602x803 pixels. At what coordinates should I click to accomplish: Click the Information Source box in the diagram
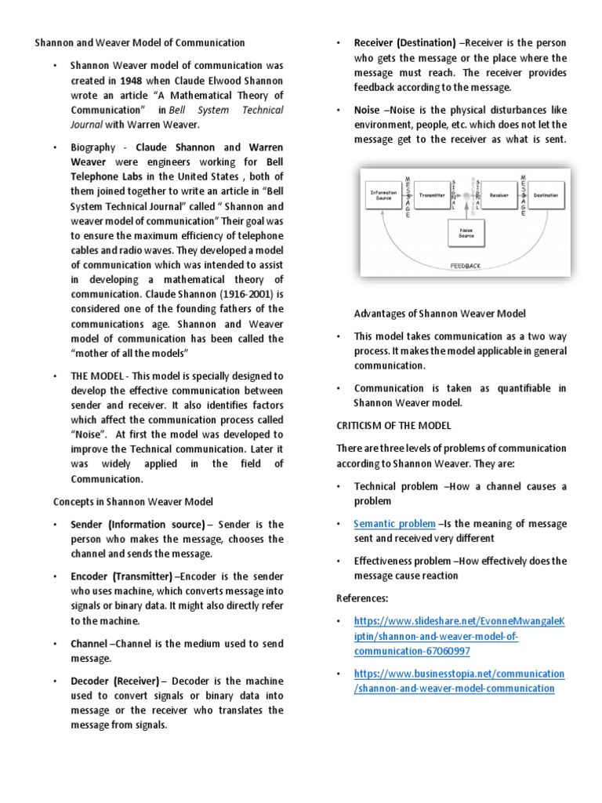pos(386,193)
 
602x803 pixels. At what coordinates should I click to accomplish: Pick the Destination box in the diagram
pos(546,194)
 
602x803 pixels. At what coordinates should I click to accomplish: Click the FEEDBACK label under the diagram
pos(466,266)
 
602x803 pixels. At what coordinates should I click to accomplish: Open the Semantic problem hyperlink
pos(394,524)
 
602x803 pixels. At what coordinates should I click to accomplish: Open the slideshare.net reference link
pos(459,636)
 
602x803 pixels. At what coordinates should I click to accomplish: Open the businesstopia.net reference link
pos(459,681)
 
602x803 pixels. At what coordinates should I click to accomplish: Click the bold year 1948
pos(132,81)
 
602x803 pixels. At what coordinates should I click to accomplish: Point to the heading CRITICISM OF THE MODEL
pos(395,425)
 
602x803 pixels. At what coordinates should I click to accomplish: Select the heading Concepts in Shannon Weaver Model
pos(133,501)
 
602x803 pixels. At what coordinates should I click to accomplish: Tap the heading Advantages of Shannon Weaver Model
pos(439,314)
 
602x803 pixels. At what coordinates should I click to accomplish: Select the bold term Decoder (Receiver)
pos(114,681)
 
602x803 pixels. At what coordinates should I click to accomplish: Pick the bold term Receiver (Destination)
pos(404,43)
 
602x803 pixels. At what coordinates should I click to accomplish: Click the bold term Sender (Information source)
pos(137,524)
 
